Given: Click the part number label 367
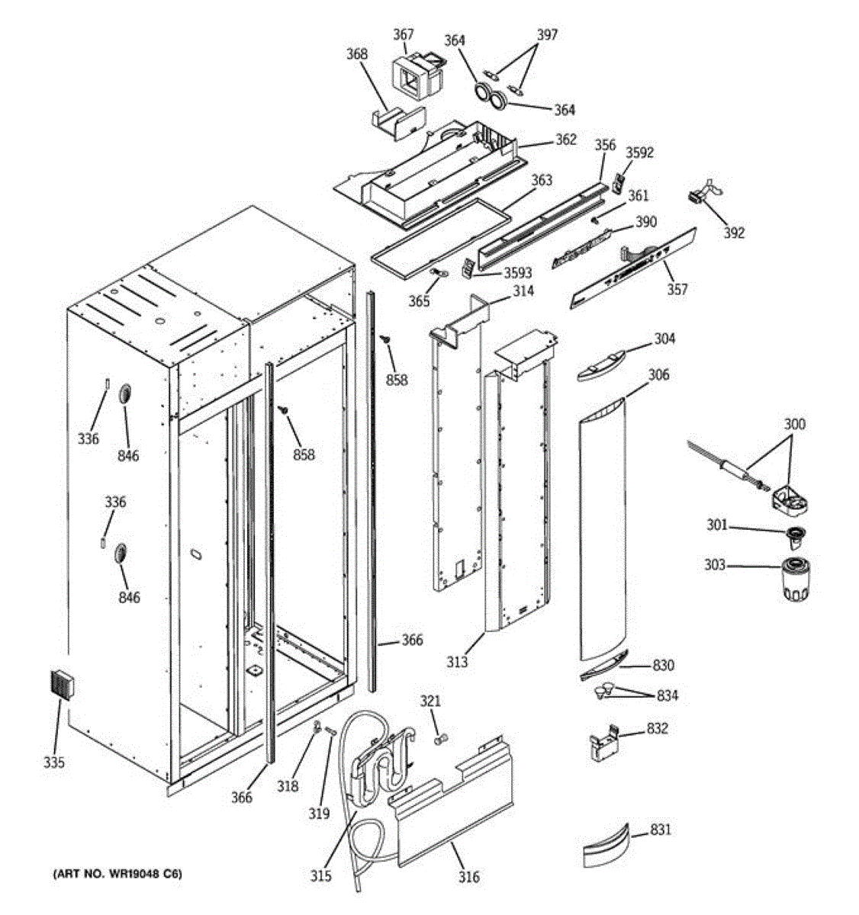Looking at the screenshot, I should click(403, 34).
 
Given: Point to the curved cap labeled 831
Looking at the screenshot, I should click(605, 845).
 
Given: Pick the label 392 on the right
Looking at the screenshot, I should click(734, 233).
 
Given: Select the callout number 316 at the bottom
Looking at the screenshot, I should click(468, 877).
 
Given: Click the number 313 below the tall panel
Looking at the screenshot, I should click(457, 662).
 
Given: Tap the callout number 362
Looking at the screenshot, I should click(565, 140).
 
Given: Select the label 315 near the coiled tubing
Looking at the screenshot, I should click(321, 876).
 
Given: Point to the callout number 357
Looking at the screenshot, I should click(677, 289).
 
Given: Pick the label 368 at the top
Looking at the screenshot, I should click(356, 54).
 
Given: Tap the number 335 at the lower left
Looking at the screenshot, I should click(54, 762).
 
